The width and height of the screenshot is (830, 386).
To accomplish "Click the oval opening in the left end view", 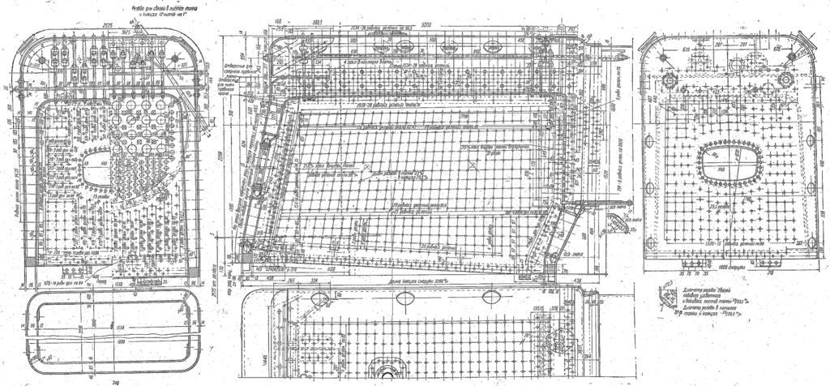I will pyautogui.click(x=97, y=165).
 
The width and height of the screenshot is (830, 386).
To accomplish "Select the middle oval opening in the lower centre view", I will pyautogui.click(x=403, y=297).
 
